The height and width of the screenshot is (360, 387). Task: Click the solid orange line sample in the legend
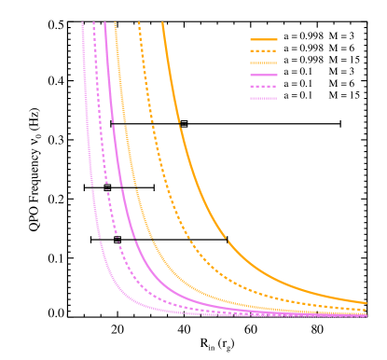(264, 39)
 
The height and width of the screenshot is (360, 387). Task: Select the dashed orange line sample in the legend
(264, 50)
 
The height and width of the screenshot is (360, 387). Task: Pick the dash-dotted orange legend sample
(264, 62)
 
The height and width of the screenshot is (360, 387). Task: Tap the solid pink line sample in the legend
(264, 75)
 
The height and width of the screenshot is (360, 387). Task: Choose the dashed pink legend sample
(264, 86)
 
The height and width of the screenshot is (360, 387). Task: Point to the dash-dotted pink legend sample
(264, 98)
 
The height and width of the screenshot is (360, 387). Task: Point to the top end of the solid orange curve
(162, 23)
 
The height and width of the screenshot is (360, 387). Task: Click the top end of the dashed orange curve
(139, 23)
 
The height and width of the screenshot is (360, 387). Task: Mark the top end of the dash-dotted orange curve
(115, 23)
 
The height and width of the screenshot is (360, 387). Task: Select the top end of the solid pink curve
(104, 23)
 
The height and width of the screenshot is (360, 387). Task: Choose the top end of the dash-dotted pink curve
(83, 23)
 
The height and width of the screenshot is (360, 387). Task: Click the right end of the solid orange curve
(366, 302)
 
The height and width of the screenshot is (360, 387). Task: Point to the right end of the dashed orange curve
(366, 309)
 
